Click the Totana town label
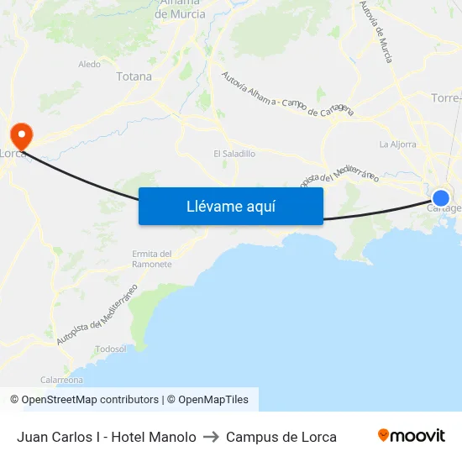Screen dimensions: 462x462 (134, 76)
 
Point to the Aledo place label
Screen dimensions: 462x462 (89, 64)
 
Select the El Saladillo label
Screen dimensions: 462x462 (234, 154)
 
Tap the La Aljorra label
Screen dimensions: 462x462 (397, 144)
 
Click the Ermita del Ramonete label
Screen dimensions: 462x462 (152, 259)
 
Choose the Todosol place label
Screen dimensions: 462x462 (111, 349)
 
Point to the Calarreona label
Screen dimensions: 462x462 (61, 380)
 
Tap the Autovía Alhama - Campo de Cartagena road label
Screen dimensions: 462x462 (286, 95)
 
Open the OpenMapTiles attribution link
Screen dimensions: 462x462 (213, 400)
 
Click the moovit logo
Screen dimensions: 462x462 (411, 436)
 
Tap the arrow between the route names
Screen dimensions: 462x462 (211, 437)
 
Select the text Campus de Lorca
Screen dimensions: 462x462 (281, 437)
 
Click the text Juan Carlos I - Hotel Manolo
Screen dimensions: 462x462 (107, 437)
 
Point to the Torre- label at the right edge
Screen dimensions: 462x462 (444, 98)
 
